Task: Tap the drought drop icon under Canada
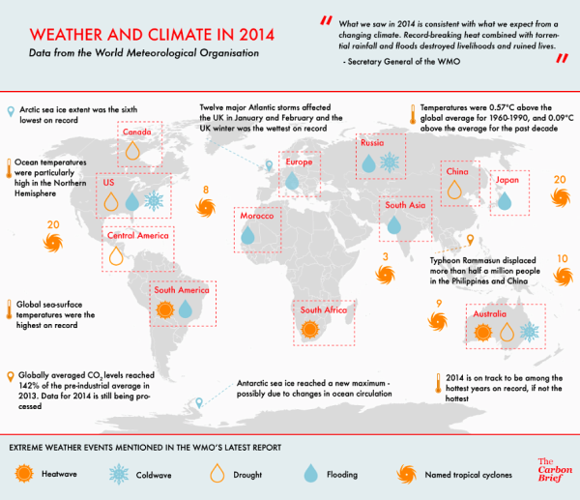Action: click(x=134, y=151)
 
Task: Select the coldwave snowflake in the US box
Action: click(x=152, y=201)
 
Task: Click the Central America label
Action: click(x=137, y=236)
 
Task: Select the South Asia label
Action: click(x=404, y=205)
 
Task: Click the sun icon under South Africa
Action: click(x=310, y=330)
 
